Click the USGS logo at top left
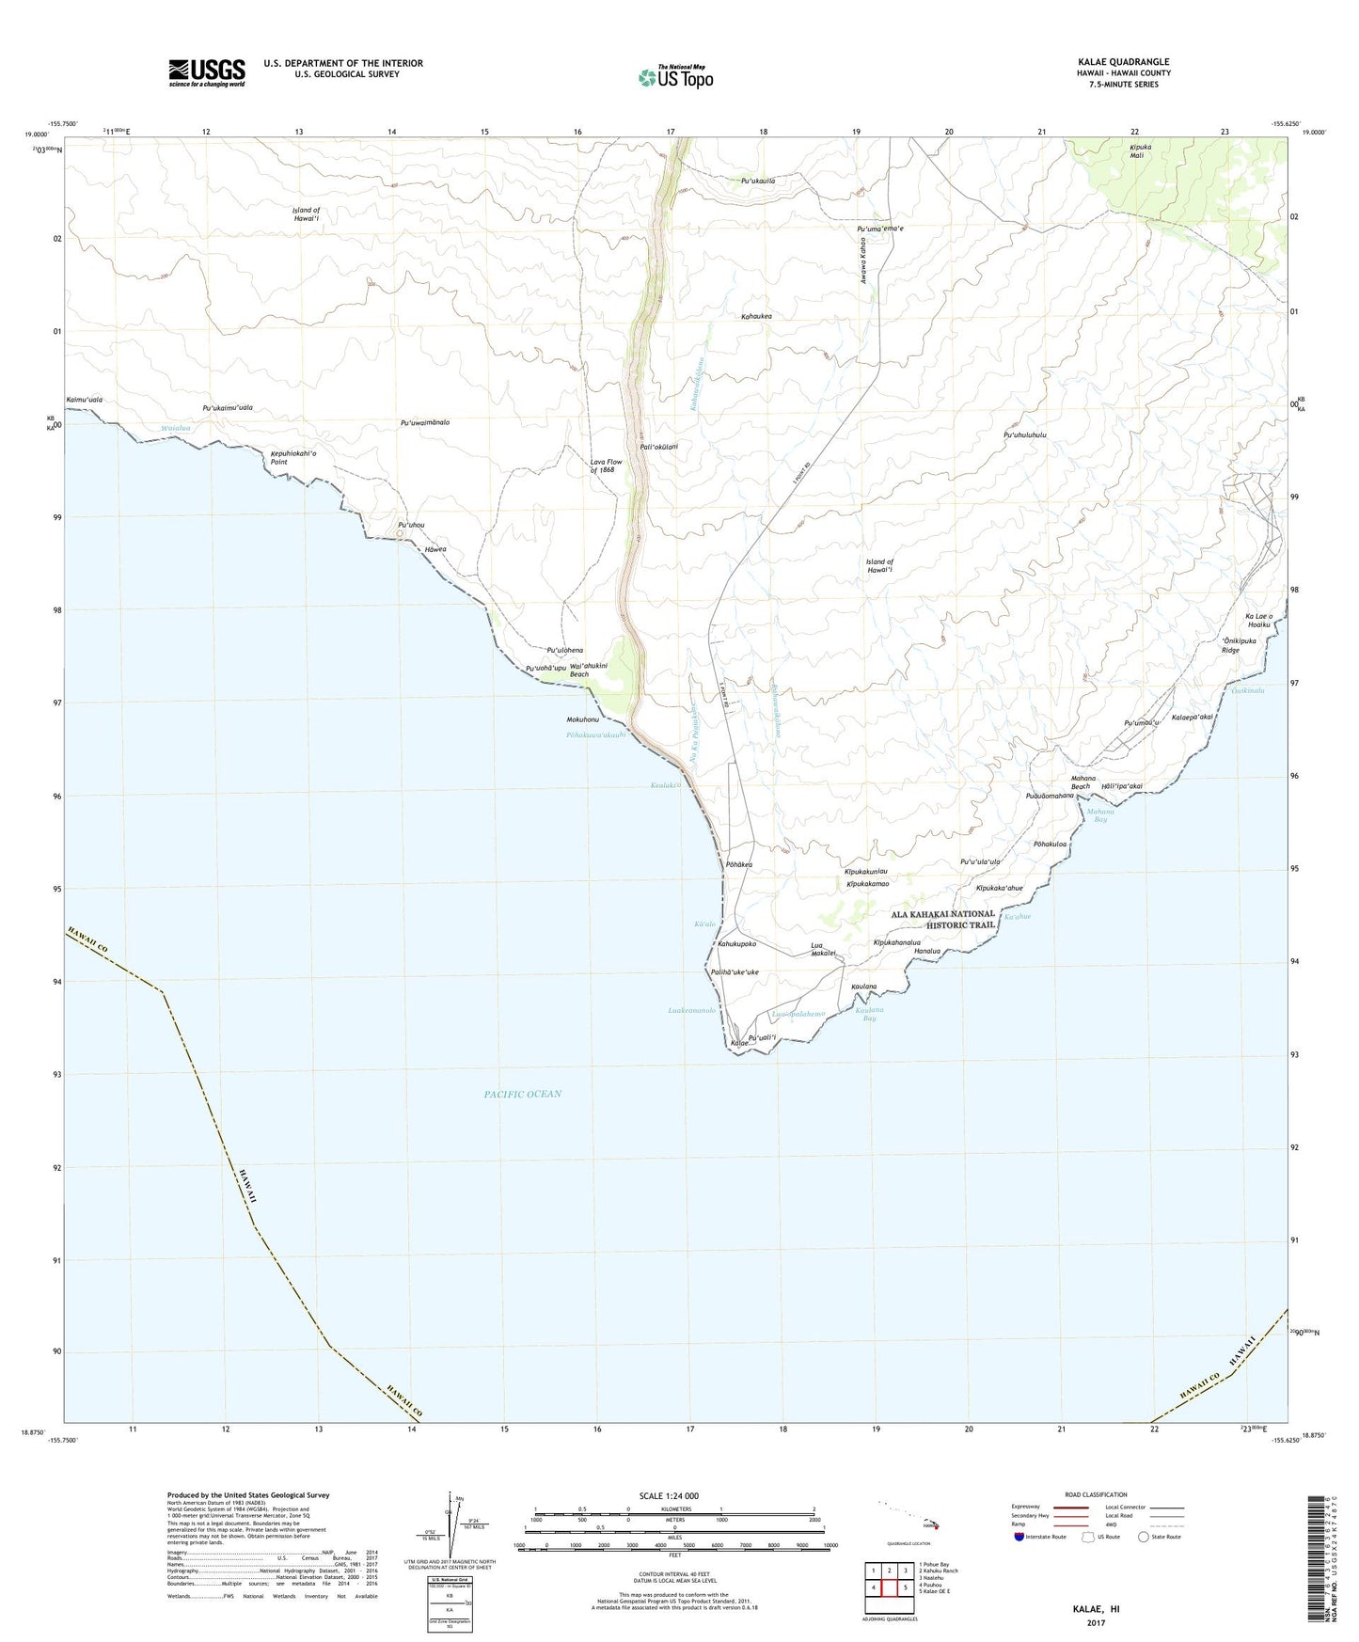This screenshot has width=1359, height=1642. coord(207,71)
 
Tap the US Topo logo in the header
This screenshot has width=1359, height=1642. coord(674,77)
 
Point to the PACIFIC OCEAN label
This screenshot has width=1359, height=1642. coord(522,1094)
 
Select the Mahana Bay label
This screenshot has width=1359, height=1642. coord(1100,815)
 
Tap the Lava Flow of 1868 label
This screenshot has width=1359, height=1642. coord(607,466)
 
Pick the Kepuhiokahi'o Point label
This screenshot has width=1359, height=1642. coord(293,457)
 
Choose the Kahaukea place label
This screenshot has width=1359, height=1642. coord(756,317)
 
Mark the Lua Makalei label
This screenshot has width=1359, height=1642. coord(823,949)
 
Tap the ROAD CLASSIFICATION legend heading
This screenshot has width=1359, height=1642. coord(1097,1494)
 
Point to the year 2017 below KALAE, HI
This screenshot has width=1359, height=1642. coord(1095,1622)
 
